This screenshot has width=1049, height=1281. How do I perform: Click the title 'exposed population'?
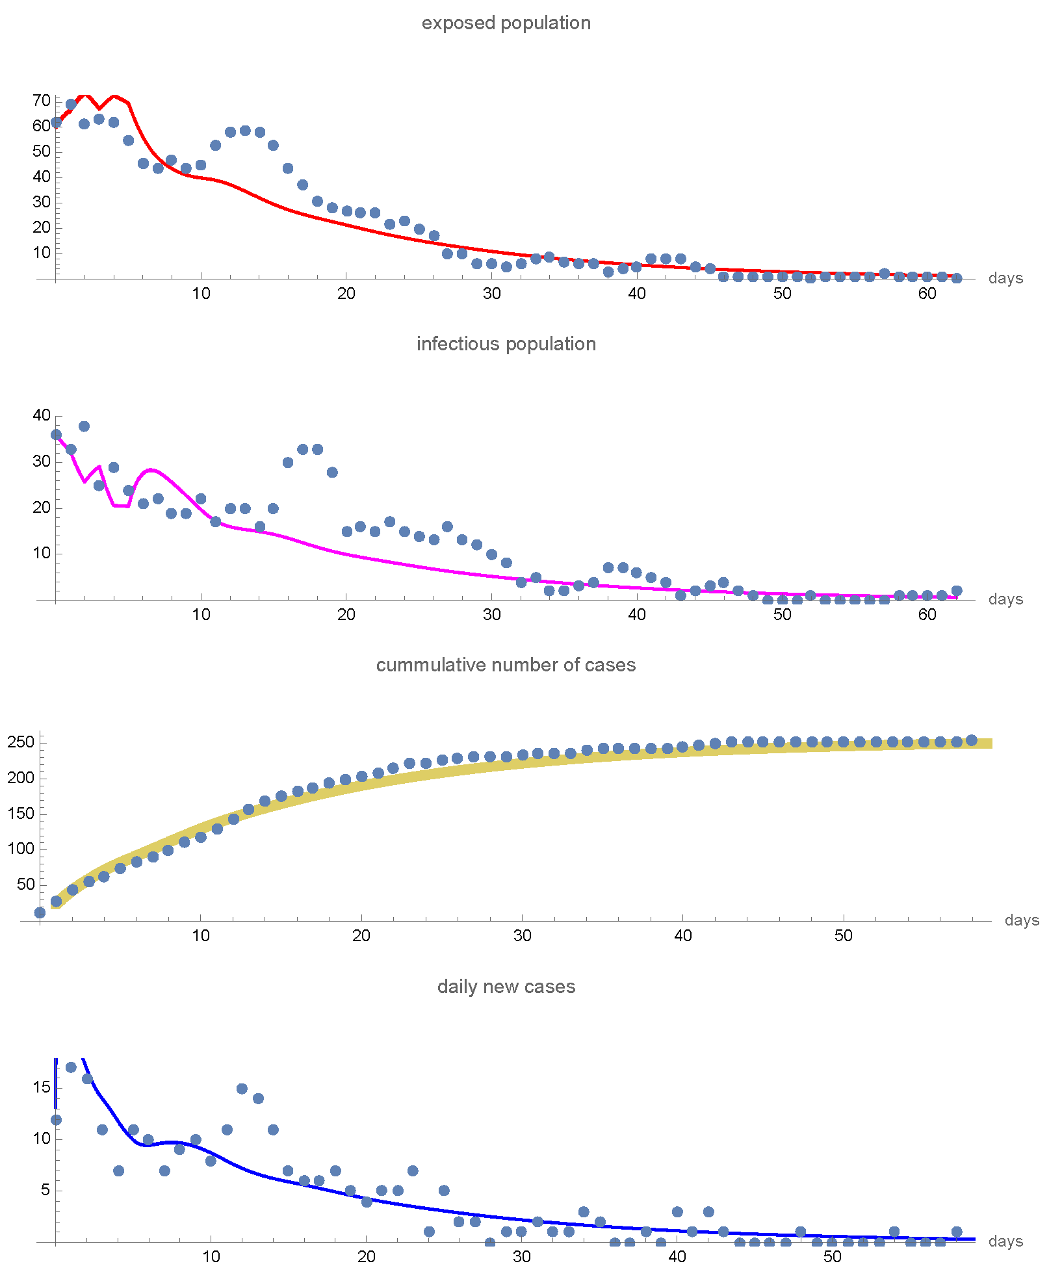(x=506, y=23)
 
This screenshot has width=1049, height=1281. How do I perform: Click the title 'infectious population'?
(x=506, y=344)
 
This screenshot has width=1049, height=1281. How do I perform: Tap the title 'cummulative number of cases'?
(x=506, y=665)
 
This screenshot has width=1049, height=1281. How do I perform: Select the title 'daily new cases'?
(x=506, y=987)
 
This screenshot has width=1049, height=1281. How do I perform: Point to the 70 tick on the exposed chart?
(x=41, y=101)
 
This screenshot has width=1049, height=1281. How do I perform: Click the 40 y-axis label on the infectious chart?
(x=41, y=415)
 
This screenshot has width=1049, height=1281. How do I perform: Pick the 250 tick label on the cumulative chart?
(x=20, y=742)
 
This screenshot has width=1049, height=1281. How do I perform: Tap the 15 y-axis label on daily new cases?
(x=41, y=1087)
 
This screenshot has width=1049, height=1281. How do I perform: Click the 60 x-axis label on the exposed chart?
(x=927, y=294)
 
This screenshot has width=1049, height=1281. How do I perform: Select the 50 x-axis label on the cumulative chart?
(x=843, y=936)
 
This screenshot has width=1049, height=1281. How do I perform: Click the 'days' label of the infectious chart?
(x=1005, y=599)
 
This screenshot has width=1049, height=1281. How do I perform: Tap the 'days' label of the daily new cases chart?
(x=1005, y=1241)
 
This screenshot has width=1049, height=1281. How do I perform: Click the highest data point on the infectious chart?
(x=84, y=426)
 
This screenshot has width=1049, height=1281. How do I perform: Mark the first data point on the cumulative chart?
(x=40, y=912)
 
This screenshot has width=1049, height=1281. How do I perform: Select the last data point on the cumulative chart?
(x=971, y=740)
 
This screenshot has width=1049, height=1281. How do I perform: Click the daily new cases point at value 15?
(x=242, y=1089)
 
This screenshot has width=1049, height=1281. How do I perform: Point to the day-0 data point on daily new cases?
(x=56, y=1120)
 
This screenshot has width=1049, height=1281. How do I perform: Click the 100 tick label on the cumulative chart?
(x=20, y=849)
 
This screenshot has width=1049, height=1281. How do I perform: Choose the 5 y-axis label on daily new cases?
(x=45, y=1190)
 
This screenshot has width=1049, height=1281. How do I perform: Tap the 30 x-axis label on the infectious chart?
(x=491, y=615)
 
